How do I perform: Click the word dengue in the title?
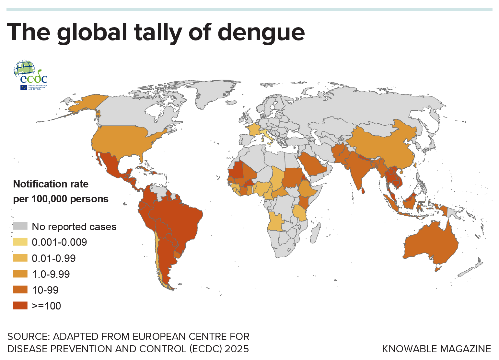pyautogui.click(x=261, y=33)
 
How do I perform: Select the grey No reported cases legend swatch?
pyautogui.click(x=20, y=226)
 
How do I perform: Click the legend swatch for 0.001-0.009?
pyautogui.click(x=20, y=242)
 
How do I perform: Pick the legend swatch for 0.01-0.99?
pyautogui.click(x=20, y=258)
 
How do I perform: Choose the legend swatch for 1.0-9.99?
pyautogui.click(x=20, y=274)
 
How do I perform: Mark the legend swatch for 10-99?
pyautogui.click(x=20, y=290)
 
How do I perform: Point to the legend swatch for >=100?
pyautogui.click(x=20, y=306)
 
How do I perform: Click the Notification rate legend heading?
pyautogui.click(x=51, y=184)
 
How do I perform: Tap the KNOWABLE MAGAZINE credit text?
pyautogui.click(x=436, y=349)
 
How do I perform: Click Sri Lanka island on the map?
pyautogui.click(x=363, y=191)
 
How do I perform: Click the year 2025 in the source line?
pyautogui.click(x=237, y=349)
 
